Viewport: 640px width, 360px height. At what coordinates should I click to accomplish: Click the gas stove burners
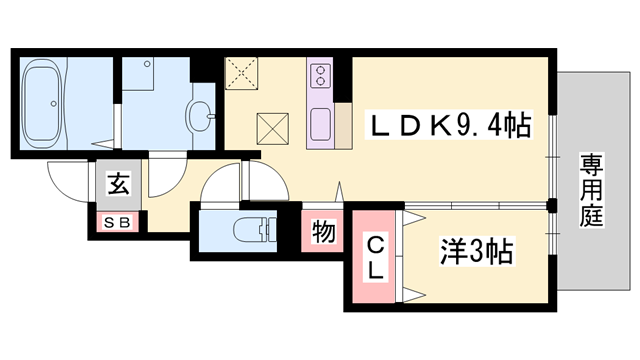(x=322, y=75)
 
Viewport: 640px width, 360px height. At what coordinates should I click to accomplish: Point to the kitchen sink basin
(x=322, y=125)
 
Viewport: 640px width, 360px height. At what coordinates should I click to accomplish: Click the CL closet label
(x=372, y=257)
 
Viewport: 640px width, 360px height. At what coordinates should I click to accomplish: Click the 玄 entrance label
(x=119, y=184)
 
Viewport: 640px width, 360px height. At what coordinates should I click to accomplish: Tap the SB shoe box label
(x=119, y=222)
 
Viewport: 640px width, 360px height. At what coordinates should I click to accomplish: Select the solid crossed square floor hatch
(x=273, y=128)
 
